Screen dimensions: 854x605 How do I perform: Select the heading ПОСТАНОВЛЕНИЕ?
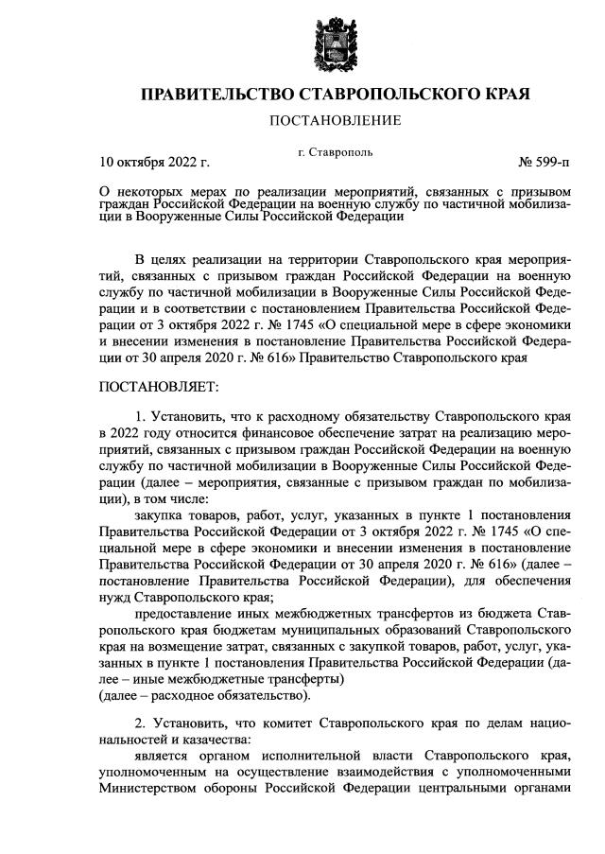(336, 120)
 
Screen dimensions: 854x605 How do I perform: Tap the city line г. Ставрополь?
(335, 151)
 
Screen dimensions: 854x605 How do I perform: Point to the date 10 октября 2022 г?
(154, 163)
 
